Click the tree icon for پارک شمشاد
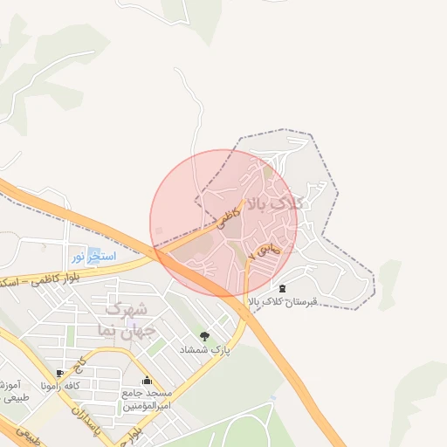coord(204,336)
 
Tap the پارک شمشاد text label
coord(203,349)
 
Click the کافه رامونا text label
coord(78,385)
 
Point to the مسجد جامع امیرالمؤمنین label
coord(146,400)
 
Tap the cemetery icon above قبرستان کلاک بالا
coord(281,288)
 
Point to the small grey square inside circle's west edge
coord(158,230)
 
